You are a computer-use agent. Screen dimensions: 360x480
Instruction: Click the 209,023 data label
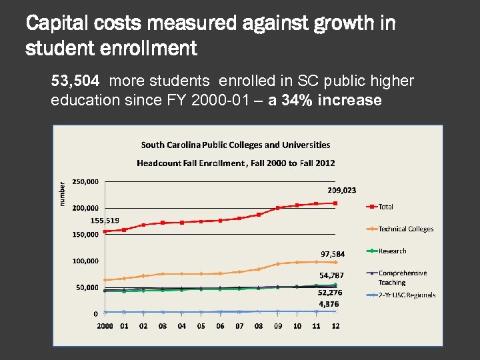click(x=341, y=190)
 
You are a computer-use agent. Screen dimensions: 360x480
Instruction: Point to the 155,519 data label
click(x=105, y=220)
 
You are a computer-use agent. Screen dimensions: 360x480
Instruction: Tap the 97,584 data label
click(x=333, y=254)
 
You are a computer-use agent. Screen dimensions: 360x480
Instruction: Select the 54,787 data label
click(x=332, y=275)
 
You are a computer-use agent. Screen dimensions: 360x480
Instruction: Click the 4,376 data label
click(x=329, y=303)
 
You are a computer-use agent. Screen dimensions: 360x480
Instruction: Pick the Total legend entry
click(x=386, y=207)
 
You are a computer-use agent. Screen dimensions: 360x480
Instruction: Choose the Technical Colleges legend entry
click(x=405, y=229)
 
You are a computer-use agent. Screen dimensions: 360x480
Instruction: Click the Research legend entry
click(x=392, y=251)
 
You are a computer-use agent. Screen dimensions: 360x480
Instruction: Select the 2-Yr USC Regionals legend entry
click(x=407, y=295)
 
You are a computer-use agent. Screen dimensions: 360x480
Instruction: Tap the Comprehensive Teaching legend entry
click(x=403, y=277)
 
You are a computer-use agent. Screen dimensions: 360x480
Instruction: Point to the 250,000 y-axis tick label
click(x=86, y=181)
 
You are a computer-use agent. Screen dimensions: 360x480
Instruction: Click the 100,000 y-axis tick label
click(x=86, y=261)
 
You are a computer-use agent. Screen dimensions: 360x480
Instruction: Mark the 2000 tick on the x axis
click(x=105, y=326)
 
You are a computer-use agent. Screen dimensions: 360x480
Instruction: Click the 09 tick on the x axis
click(x=278, y=326)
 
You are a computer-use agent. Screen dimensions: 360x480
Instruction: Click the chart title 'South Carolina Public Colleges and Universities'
click(x=235, y=145)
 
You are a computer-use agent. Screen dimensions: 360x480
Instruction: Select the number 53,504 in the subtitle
click(x=75, y=81)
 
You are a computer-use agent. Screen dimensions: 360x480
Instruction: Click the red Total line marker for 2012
click(x=336, y=203)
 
